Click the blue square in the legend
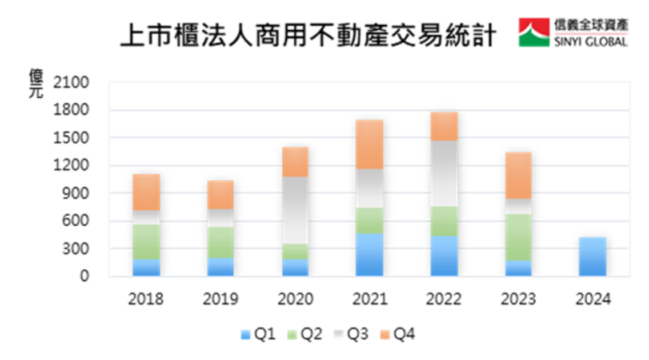246,335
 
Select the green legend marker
292,335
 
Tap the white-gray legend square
338,335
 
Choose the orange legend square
385,335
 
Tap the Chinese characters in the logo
591,25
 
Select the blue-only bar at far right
592,256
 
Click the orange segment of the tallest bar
444,126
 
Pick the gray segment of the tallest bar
444,173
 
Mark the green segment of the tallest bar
444,221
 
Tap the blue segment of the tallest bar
444,255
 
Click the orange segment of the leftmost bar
146,191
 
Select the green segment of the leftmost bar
146,242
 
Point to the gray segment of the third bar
295,210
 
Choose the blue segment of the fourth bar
370,254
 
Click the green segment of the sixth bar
519,237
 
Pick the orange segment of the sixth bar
519,175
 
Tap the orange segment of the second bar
221,194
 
